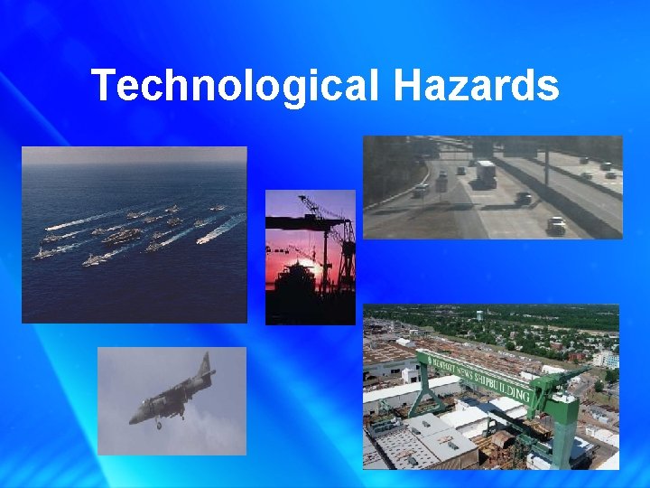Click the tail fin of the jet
point(203,369)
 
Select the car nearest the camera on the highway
point(556,225)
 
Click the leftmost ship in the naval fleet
point(41,255)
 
